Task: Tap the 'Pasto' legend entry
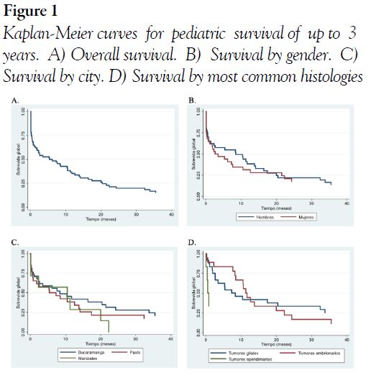pos(135,353)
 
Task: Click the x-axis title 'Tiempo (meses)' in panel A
pos(101,219)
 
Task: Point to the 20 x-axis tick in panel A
pos(101,214)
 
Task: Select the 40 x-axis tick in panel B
pos(347,203)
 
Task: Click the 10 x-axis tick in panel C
pos(65,338)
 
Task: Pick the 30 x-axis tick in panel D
pos(311,339)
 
